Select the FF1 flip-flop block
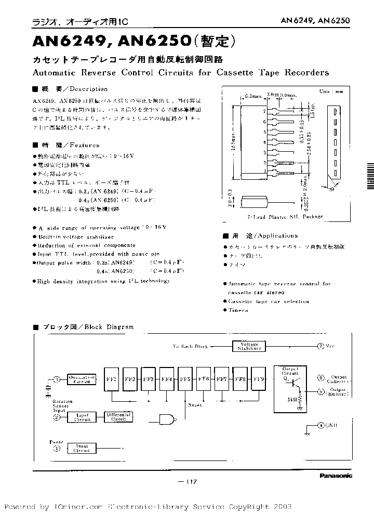(112, 378)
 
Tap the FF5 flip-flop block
(185, 378)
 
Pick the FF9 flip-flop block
(259, 378)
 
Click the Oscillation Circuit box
(81, 379)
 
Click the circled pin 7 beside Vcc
(320, 346)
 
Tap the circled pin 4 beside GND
(321, 425)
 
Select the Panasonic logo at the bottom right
(336, 475)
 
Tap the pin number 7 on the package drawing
(264, 111)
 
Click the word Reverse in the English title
(99, 72)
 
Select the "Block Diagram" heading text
(109, 327)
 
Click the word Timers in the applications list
(238, 310)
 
